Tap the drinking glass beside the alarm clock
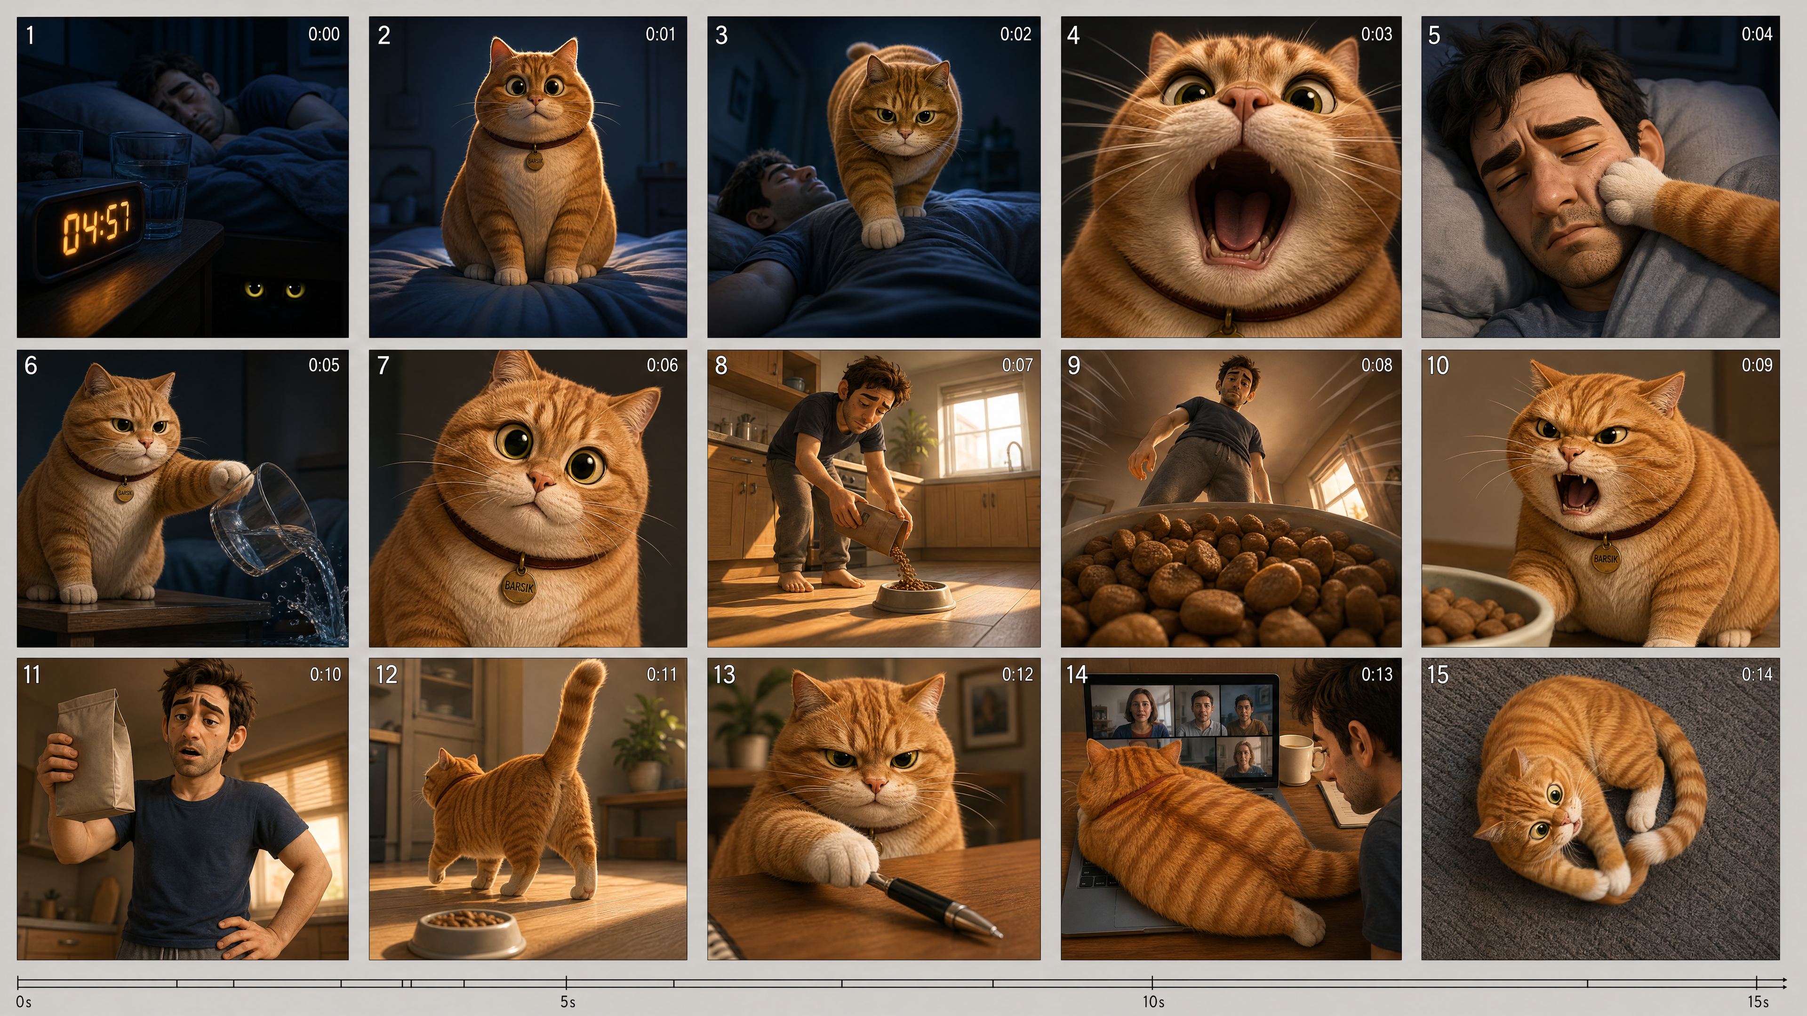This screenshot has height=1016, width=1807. click(x=152, y=184)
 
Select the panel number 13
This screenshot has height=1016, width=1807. click(x=724, y=675)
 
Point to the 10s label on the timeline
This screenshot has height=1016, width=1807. click(x=1153, y=1001)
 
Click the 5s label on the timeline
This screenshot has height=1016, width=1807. click(x=568, y=1001)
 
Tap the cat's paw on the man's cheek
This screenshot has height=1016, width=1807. click(x=1632, y=189)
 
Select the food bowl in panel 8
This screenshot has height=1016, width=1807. click(x=913, y=596)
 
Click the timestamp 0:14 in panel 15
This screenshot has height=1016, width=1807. click(x=1757, y=675)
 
